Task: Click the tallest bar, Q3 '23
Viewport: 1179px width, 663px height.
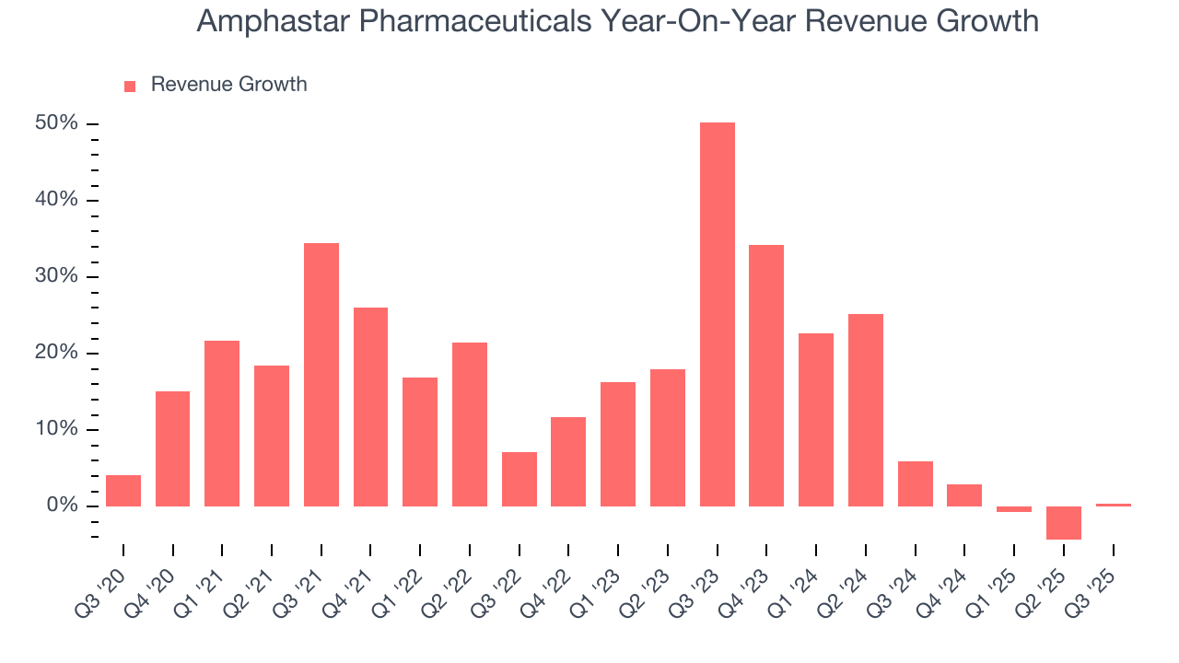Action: click(x=717, y=314)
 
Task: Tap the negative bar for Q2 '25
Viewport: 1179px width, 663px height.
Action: click(x=1063, y=522)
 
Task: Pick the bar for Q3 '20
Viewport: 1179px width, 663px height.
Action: click(x=123, y=491)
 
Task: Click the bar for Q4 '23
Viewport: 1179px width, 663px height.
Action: click(x=766, y=376)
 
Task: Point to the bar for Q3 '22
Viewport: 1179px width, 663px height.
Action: click(x=519, y=479)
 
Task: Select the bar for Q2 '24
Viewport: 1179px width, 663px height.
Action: click(x=865, y=410)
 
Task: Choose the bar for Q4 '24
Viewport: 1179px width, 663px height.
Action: click(x=964, y=495)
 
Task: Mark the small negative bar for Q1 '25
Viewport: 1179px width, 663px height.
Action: click(x=1013, y=509)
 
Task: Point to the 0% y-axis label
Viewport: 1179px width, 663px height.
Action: click(x=64, y=506)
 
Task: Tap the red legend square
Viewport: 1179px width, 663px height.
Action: click(x=130, y=86)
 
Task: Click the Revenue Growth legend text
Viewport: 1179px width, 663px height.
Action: click(x=228, y=85)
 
